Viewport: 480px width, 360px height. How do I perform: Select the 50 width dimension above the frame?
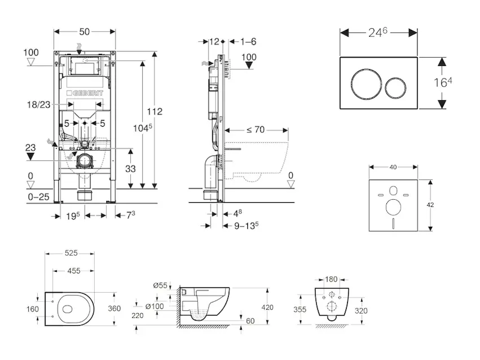pos(85,30)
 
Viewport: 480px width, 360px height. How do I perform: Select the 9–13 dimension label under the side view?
pos(245,226)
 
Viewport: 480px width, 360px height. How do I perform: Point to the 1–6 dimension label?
pos(248,41)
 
